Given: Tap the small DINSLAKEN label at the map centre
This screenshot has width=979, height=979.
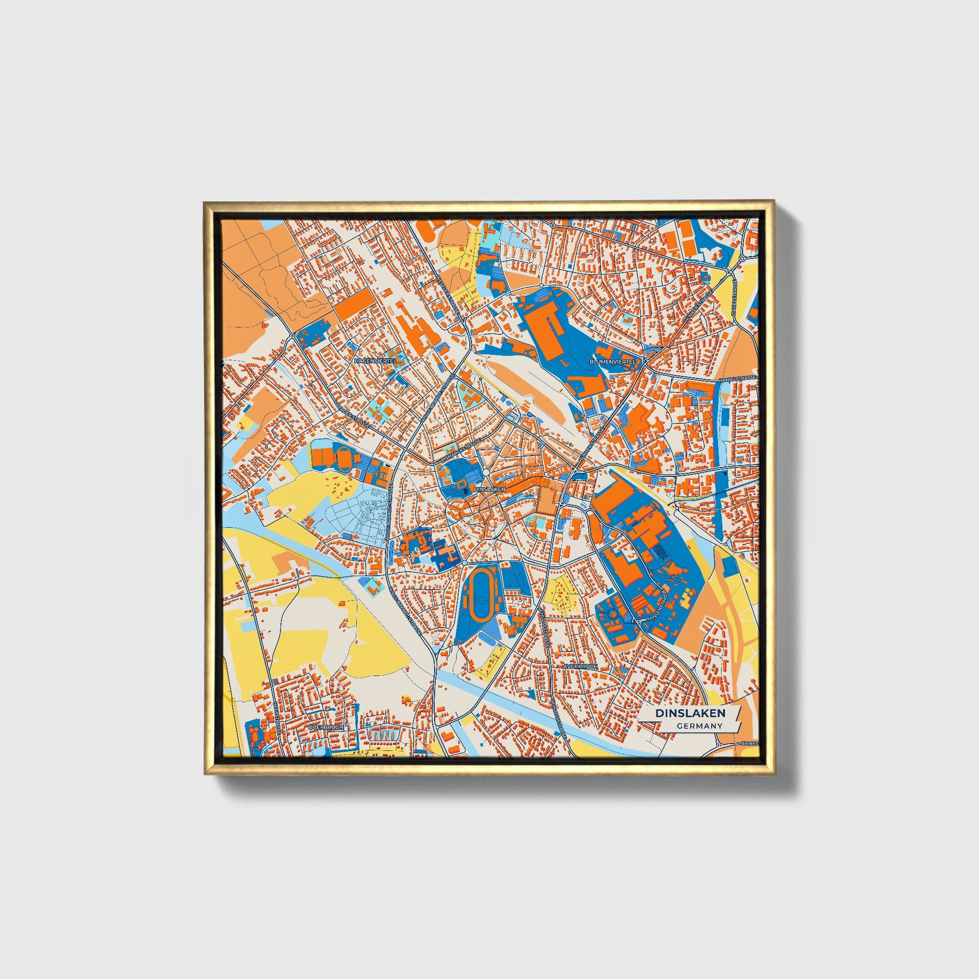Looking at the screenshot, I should tap(489, 489).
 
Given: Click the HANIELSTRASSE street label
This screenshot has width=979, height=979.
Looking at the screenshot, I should tap(738, 379).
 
